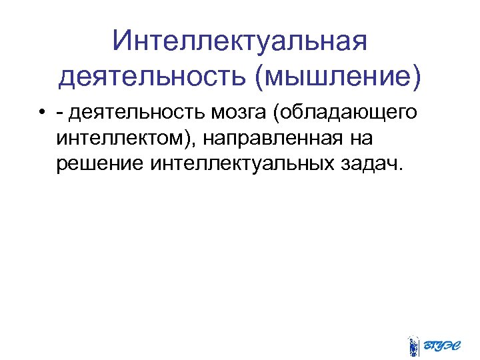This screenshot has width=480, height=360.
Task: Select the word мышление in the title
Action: click(x=337, y=78)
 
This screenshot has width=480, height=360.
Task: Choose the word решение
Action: click(x=100, y=163)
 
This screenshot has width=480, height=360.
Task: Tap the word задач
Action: click(x=366, y=163)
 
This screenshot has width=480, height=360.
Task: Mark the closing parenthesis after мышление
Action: click(x=417, y=79)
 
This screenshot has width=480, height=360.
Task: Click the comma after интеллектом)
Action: click(x=198, y=142)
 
